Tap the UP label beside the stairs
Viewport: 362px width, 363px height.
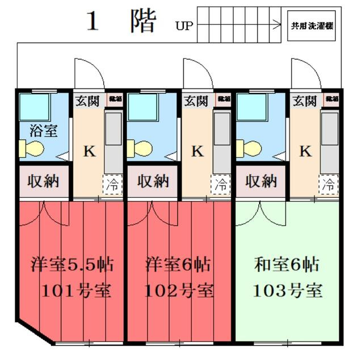coord(184,25)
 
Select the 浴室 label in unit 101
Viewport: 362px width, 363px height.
coord(43,130)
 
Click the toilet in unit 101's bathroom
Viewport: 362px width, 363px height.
coord(31,149)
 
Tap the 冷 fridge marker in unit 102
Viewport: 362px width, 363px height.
coord(222,184)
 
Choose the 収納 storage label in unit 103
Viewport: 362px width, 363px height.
coord(261,182)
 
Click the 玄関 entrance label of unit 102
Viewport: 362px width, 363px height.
coord(196,102)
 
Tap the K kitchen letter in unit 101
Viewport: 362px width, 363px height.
coord(89,151)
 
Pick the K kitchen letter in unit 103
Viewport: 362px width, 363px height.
coord(305,151)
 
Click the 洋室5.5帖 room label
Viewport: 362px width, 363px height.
coord(71,265)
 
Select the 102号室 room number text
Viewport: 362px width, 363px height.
coord(179,292)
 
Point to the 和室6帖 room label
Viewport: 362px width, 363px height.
coord(287,265)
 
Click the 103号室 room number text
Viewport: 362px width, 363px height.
coord(287,292)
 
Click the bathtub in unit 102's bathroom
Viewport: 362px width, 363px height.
coord(140,106)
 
